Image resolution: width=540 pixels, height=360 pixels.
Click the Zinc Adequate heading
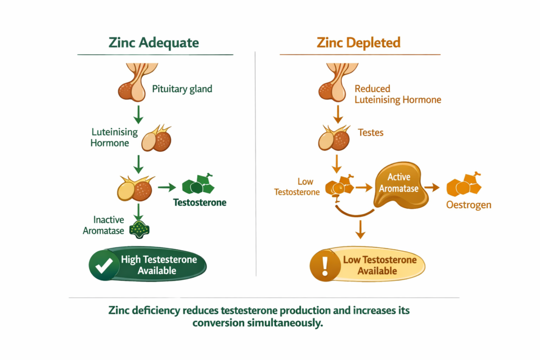click(x=154, y=43)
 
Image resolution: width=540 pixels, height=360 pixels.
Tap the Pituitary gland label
click(x=182, y=89)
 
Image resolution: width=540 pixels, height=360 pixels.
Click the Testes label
click(x=371, y=133)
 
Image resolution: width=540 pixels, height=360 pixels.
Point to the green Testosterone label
click(x=199, y=202)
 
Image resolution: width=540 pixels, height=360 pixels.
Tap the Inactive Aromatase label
click(x=103, y=225)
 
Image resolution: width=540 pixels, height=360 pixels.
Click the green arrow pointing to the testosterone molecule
click(x=167, y=187)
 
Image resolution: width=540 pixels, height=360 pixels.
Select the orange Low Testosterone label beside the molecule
click(x=297, y=187)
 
